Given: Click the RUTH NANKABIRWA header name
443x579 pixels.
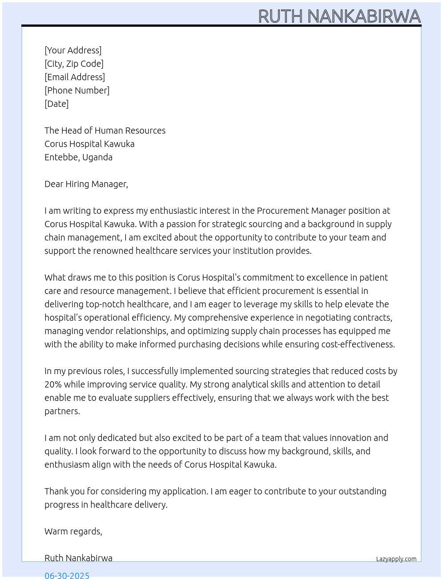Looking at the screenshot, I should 339,16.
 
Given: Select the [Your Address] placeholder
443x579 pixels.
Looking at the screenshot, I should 73,50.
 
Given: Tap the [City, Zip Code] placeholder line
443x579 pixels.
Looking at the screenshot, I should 74,64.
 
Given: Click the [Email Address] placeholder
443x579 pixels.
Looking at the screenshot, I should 75,77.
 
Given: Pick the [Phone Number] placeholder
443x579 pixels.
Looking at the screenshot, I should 77,90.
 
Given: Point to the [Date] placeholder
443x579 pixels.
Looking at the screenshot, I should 56,104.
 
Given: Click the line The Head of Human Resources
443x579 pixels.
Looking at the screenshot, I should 105,130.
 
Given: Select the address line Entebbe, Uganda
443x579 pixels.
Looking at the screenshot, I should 78,157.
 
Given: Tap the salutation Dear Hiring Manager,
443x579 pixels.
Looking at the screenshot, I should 86,184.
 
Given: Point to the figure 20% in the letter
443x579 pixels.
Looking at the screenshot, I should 53,384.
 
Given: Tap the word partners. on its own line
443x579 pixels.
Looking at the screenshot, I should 62,411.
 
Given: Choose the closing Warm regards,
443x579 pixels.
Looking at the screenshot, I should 73,531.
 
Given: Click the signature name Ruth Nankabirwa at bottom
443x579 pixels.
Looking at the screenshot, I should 78,558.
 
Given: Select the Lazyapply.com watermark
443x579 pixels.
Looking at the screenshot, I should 396,559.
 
